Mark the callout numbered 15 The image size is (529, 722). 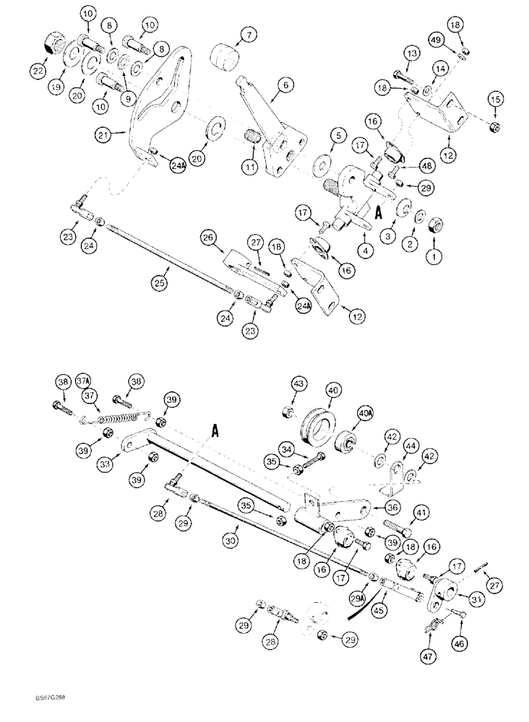tap(495, 99)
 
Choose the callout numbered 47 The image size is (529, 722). tap(430, 657)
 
